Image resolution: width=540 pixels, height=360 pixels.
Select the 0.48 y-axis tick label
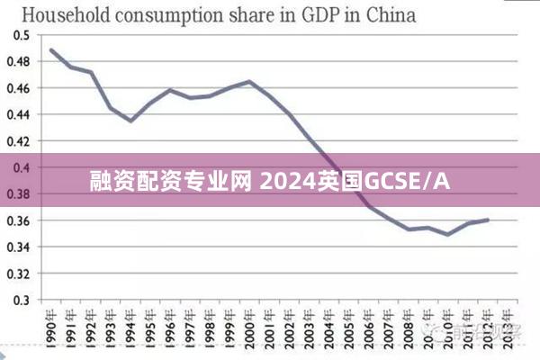point(19,61)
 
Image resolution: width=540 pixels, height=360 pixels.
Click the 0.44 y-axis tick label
point(19,114)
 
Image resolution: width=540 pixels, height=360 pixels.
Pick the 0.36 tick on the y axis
point(19,220)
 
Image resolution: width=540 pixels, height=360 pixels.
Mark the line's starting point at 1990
point(51,49)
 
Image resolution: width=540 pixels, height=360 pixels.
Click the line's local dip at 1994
point(130,121)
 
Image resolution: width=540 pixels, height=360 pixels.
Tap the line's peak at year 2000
point(249,81)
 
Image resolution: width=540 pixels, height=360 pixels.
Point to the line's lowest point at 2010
point(448,234)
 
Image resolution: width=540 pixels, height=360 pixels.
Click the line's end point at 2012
point(488,220)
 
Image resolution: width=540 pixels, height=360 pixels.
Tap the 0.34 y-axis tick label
point(19,247)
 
